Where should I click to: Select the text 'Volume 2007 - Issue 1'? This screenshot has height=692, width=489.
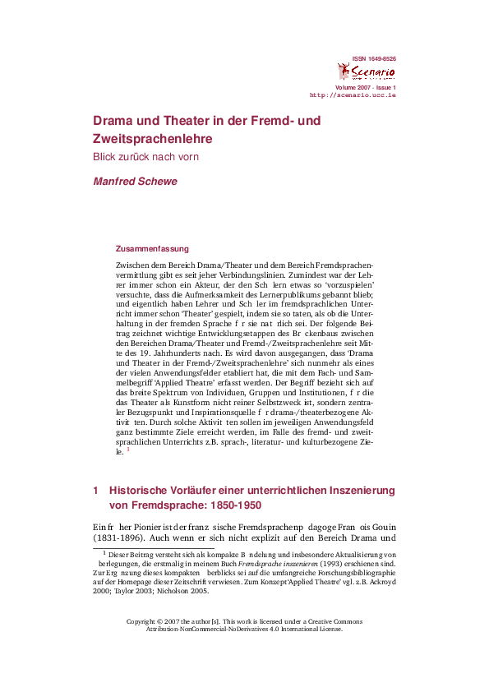tap(365, 87)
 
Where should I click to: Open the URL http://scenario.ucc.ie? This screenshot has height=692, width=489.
tap(353, 95)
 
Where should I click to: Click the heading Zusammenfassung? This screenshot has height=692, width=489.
tap(152, 248)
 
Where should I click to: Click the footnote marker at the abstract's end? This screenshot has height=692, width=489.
tap(128, 450)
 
